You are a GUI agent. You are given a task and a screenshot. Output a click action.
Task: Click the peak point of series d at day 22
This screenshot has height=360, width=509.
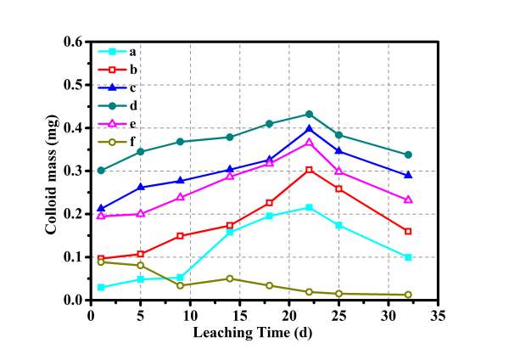point(309,114)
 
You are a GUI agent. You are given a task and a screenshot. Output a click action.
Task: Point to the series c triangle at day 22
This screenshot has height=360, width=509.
point(309,129)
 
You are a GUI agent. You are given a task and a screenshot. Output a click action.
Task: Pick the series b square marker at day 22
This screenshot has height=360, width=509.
point(309,170)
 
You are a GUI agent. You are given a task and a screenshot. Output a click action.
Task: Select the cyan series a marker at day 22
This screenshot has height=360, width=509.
point(309,207)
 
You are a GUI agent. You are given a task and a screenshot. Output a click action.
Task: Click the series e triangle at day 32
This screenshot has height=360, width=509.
point(408,200)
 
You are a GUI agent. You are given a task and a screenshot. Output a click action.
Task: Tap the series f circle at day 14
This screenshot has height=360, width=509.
point(229,278)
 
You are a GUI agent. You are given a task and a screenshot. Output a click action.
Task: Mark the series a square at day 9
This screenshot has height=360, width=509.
point(180,278)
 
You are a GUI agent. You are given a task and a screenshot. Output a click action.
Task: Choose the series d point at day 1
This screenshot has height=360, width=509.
point(101,170)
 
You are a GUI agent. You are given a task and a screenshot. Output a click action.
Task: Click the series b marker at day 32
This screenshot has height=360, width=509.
point(408,231)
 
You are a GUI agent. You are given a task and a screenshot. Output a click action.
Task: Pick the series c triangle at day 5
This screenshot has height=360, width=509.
point(140,187)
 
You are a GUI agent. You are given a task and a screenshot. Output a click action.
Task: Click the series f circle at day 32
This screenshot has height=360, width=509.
point(408,295)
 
